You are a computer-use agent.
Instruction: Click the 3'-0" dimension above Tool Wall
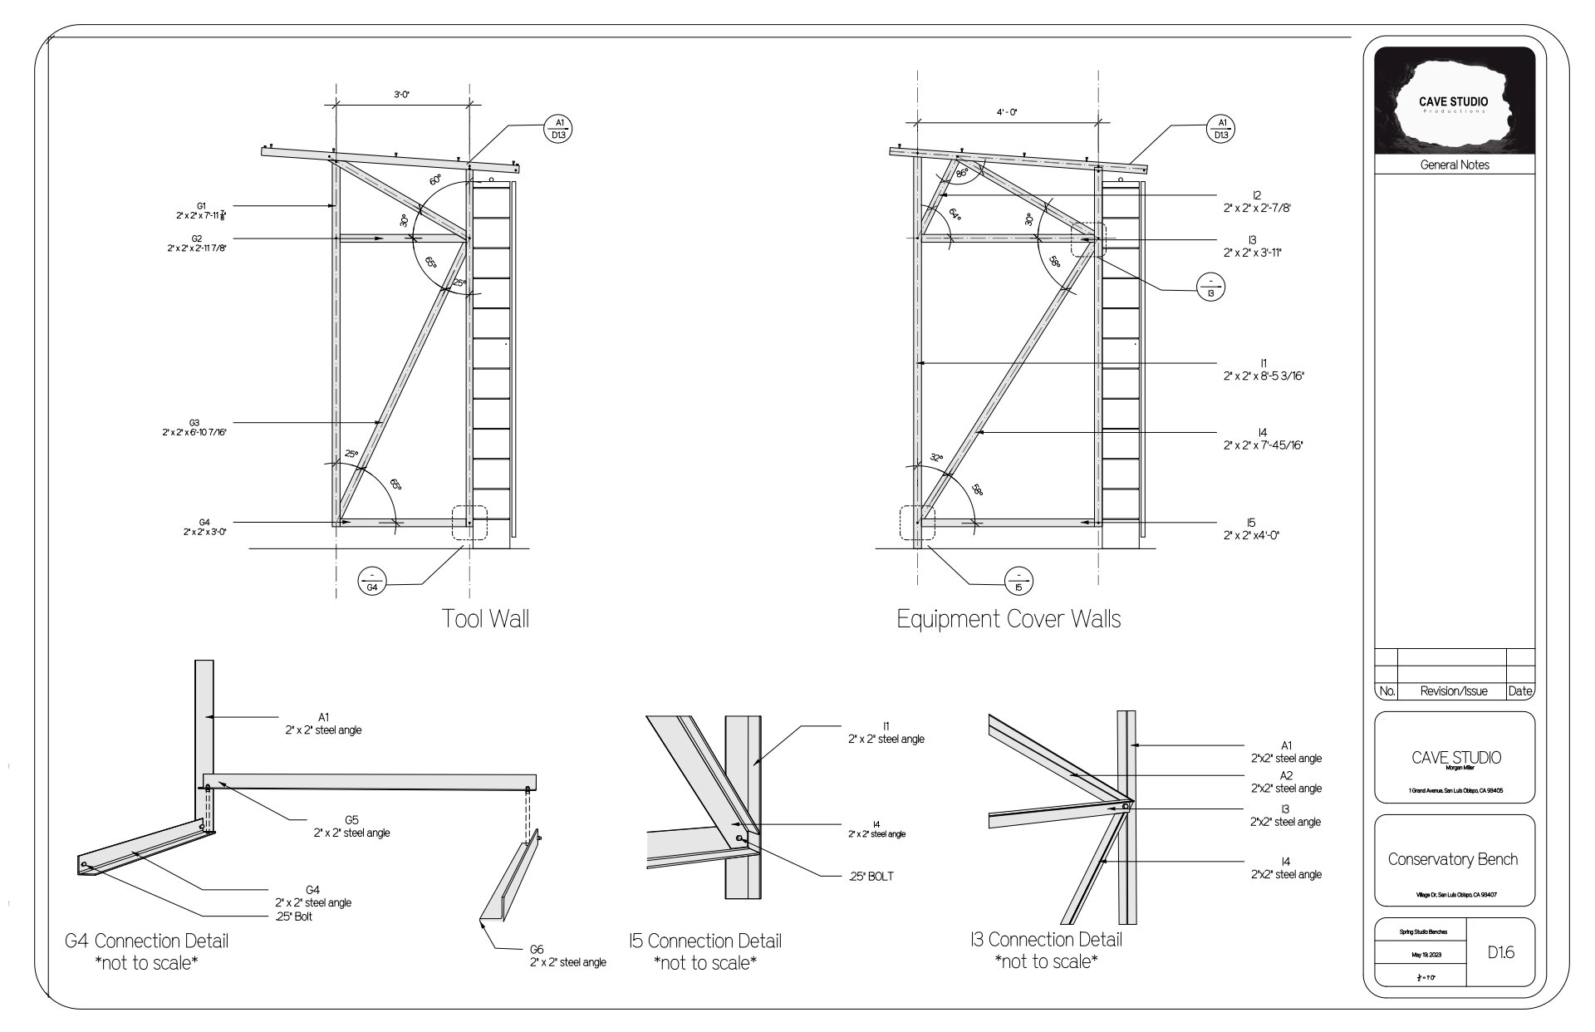[x=402, y=96]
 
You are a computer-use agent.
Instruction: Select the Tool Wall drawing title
[x=485, y=619]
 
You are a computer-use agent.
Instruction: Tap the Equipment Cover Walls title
[x=1009, y=619]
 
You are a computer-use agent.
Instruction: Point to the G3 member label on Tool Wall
[x=194, y=428]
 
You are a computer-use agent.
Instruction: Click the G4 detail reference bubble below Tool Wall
[x=372, y=581]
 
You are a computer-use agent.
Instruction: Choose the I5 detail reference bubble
[x=1018, y=581]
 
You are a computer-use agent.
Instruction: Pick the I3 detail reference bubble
[x=1210, y=287]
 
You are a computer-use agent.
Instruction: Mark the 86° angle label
[x=962, y=174]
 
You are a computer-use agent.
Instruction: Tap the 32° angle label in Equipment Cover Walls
[x=936, y=458]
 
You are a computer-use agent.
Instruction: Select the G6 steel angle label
[x=568, y=956]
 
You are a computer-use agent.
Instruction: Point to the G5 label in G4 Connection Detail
[x=351, y=826]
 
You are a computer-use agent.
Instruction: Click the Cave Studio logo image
[x=1454, y=101]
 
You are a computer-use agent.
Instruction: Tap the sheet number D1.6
[x=1500, y=953]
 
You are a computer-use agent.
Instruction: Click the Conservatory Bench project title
[x=1453, y=859]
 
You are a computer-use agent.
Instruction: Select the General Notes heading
[x=1454, y=165]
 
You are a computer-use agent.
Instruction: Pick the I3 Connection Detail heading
[x=1046, y=940]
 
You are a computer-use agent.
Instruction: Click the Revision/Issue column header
[x=1452, y=690]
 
